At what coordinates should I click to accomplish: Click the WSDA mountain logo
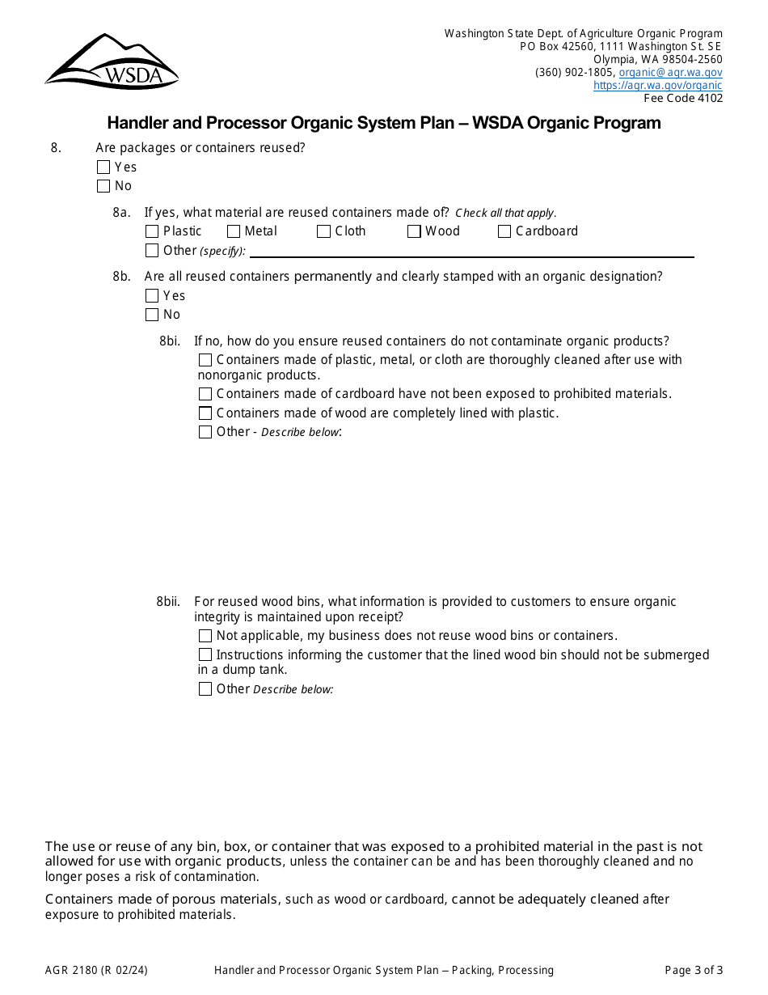tap(112, 61)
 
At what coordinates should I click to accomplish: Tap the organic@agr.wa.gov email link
tap(670, 72)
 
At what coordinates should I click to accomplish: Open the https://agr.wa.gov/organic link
tap(657, 85)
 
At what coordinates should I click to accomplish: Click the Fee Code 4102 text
tap(683, 98)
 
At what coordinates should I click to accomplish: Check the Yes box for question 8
tap(103, 167)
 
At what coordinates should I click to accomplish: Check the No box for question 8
tap(103, 186)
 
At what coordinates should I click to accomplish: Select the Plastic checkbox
tap(152, 231)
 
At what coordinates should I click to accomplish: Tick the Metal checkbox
tap(234, 231)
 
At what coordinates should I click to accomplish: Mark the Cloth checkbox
tap(323, 231)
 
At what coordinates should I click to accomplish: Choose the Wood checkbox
tap(414, 231)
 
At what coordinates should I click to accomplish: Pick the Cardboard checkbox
tap(504, 231)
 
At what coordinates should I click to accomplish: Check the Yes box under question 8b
tap(152, 296)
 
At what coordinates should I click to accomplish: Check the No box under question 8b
tap(152, 315)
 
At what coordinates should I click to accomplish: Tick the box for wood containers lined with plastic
tap(205, 413)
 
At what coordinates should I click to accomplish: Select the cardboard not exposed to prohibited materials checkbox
tap(205, 394)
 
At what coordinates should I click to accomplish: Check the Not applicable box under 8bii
tap(205, 636)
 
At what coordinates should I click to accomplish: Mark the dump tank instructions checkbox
tap(205, 654)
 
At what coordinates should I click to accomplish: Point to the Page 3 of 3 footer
tap(694, 970)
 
